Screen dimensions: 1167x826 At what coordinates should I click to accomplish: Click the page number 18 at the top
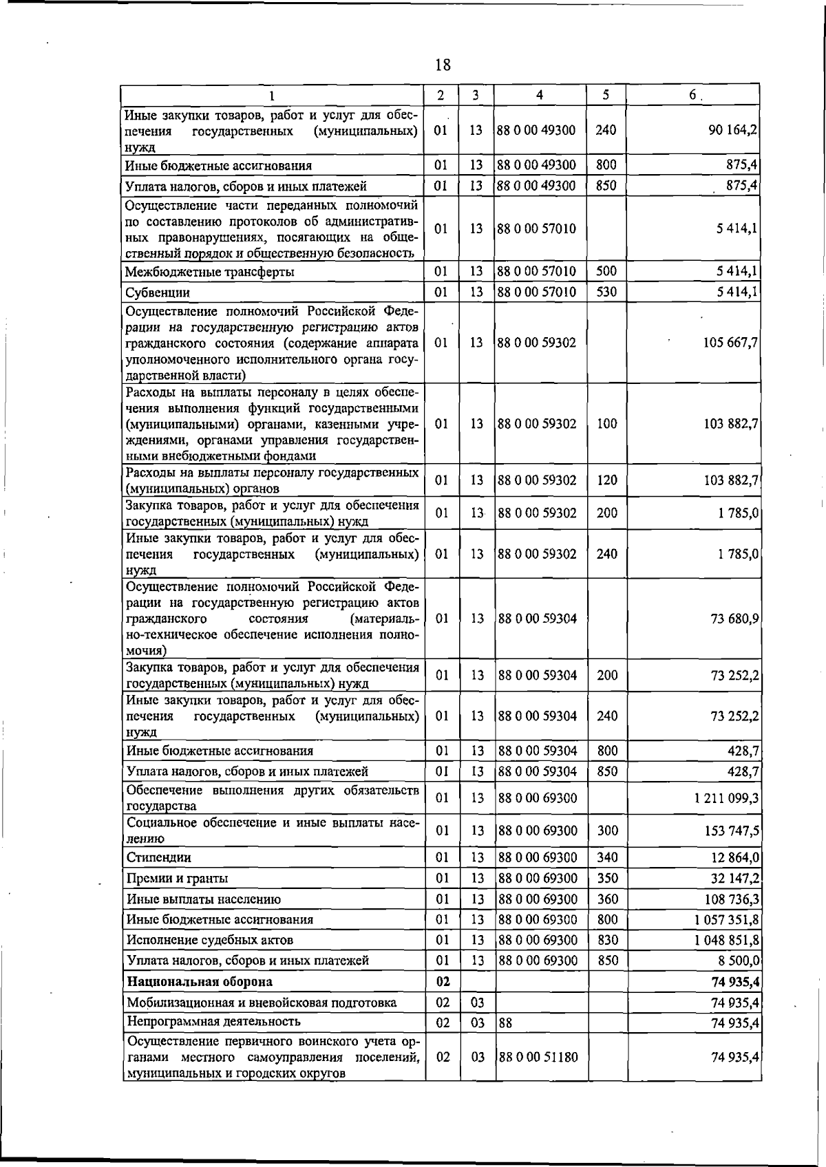tap(443, 65)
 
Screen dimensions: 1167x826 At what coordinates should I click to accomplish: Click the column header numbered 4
tap(540, 95)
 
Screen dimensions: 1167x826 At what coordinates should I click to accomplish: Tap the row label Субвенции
tap(157, 292)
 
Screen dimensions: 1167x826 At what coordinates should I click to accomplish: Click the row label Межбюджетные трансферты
tap(209, 272)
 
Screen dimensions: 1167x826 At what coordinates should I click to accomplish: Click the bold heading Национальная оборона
tap(199, 981)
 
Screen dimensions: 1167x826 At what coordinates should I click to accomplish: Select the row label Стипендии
tap(158, 857)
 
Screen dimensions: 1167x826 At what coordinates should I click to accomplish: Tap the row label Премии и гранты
tap(177, 879)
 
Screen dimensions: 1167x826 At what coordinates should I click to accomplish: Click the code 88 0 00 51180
tap(538, 1057)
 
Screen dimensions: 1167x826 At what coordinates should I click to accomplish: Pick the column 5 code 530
tap(606, 292)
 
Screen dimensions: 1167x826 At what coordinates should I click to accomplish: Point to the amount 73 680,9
tap(734, 619)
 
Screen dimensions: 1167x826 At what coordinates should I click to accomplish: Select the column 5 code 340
tap(607, 857)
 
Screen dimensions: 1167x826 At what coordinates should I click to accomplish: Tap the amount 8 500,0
tap(737, 961)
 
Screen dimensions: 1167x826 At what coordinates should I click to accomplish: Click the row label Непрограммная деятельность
tap(213, 1021)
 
